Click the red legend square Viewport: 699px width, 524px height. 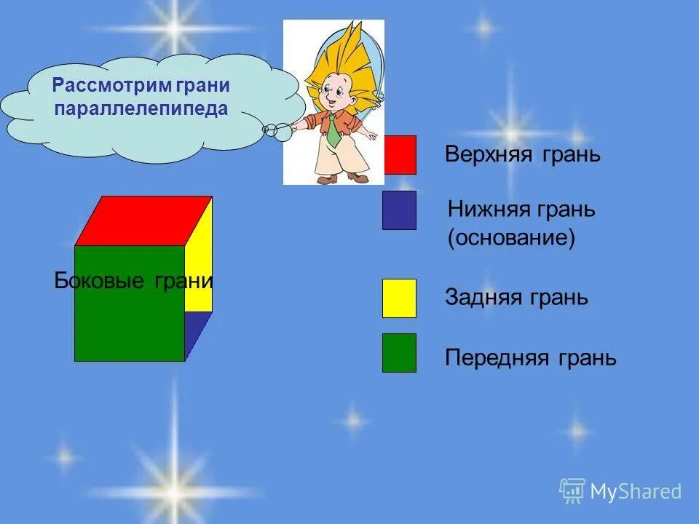tap(399, 154)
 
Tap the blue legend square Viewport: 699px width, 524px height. tap(399, 210)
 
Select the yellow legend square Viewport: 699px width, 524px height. tap(399, 298)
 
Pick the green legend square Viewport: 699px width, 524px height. tap(399, 353)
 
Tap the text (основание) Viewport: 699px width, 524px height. tap(511, 239)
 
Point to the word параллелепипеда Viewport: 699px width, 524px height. tap(141, 109)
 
